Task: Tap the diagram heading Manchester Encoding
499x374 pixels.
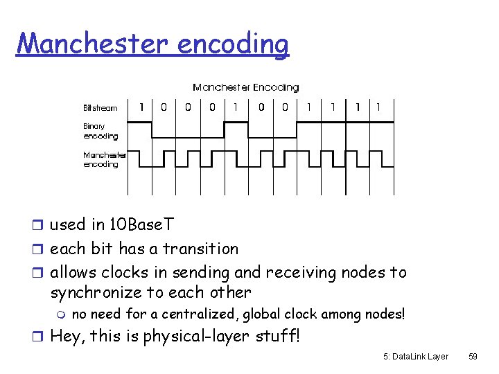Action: point(245,87)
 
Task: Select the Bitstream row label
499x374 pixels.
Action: point(100,108)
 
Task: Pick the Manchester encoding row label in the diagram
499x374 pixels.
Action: point(105,159)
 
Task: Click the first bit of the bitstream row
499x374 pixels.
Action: point(142,107)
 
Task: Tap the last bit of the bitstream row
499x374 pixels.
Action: point(378,107)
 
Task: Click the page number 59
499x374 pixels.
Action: point(473,356)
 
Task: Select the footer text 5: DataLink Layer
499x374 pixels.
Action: point(416,356)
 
